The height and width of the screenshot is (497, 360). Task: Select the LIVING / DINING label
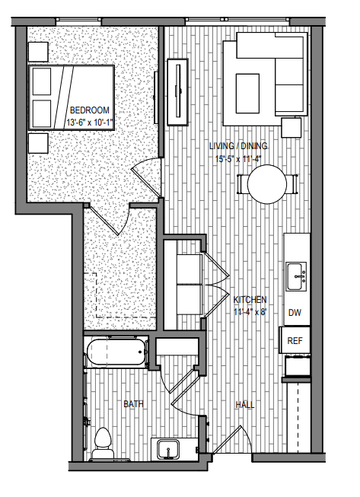[236, 146]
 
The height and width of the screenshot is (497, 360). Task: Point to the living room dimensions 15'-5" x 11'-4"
[237, 158]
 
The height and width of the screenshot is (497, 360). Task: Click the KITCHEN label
[250, 299]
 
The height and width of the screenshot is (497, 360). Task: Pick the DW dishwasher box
[295, 313]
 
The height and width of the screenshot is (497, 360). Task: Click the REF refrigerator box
[295, 340]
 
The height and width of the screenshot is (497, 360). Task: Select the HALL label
[244, 404]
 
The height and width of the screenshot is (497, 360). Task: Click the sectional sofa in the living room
[263, 82]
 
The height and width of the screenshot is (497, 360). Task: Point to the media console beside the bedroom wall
[179, 90]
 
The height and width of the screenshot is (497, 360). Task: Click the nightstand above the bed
[37, 50]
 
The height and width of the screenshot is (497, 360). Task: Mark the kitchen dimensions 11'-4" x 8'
[250, 311]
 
